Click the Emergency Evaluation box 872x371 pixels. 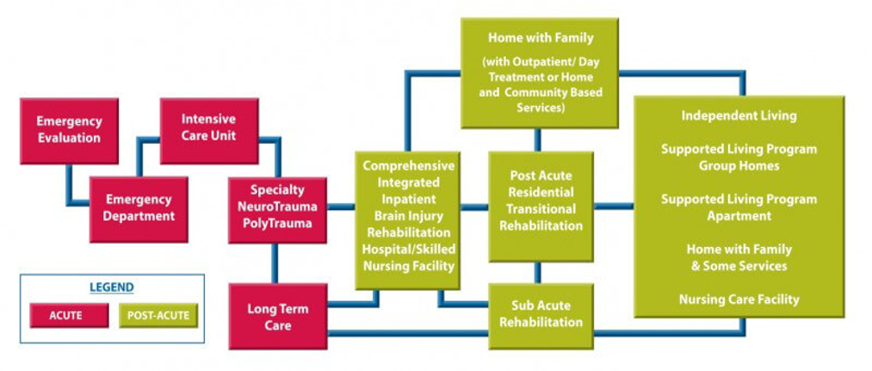[x=69, y=130]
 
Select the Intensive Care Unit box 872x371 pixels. [x=209, y=128]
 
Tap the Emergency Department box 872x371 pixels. [x=139, y=208]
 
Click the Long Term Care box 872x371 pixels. [x=277, y=316]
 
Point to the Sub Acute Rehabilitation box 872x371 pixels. [x=541, y=314]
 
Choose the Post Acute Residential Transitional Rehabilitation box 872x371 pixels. [x=541, y=201]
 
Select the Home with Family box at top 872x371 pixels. [x=540, y=73]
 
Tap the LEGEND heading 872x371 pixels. [x=112, y=287]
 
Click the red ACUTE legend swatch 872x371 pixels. [x=65, y=315]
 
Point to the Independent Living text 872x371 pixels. [x=739, y=115]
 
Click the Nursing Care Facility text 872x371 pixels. [x=739, y=300]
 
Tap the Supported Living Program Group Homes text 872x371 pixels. [x=739, y=157]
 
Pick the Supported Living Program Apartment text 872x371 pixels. [x=739, y=207]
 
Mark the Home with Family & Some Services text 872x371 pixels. [x=739, y=257]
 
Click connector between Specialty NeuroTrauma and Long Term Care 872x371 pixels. [x=275, y=263]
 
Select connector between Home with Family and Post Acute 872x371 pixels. [x=538, y=139]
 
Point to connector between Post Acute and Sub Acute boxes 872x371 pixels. [x=538, y=272]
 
